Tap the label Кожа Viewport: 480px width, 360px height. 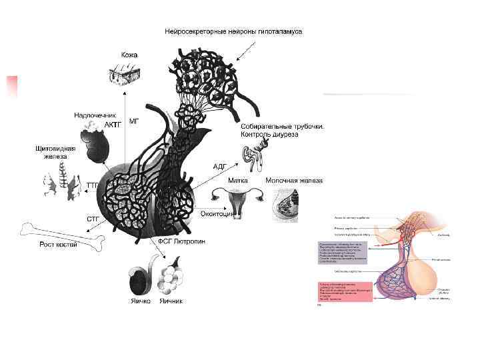pyautogui.click(x=129, y=54)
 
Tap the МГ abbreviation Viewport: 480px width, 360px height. pyautogui.click(x=134, y=121)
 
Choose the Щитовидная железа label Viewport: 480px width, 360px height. pyautogui.click(x=55, y=152)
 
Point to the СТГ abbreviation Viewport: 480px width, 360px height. pyautogui.click(x=93, y=218)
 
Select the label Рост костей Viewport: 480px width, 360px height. pyautogui.click(x=58, y=245)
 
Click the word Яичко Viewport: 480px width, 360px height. pyautogui.click(x=140, y=301)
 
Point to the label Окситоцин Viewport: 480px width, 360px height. pyautogui.click(x=217, y=214)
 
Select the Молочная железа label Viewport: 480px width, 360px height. pyautogui.click(x=294, y=180)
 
